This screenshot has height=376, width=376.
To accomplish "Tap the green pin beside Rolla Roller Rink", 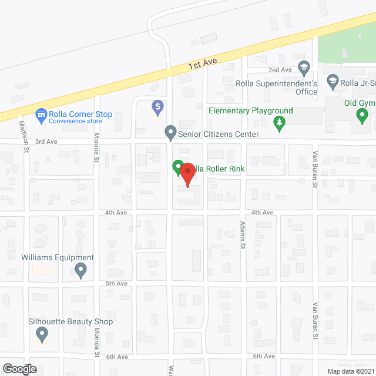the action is (x=177, y=167).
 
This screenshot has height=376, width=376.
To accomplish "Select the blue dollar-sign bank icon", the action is (x=157, y=107).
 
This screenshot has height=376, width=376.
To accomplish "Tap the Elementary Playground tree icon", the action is (x=279, y=122).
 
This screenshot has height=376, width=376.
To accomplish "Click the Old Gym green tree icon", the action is (x=362, y=115).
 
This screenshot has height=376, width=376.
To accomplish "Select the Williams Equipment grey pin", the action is (x=81, y=270).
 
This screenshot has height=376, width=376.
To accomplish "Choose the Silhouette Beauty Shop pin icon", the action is (x=42, y=334).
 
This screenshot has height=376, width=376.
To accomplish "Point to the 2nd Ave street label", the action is (x=280, y=70).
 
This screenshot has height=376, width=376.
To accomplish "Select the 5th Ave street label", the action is (x=116, y=283).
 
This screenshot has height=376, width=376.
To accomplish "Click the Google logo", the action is (x=19, y=369).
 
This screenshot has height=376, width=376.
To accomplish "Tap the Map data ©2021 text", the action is (x=350, y=371).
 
